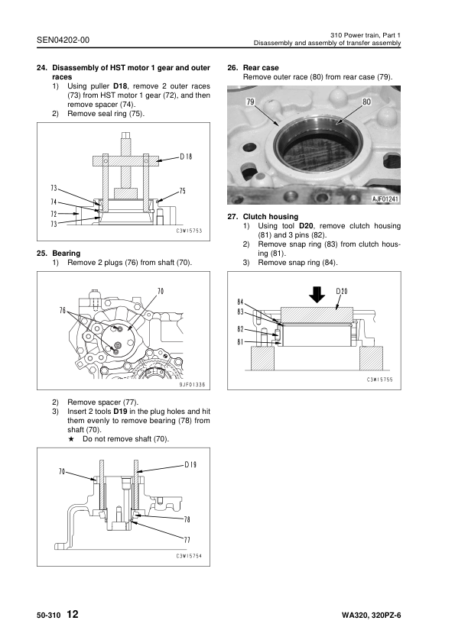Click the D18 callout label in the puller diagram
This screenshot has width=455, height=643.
[186, 157]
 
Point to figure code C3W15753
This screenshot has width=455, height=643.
[188, 230]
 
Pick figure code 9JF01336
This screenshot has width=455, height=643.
[187, 385]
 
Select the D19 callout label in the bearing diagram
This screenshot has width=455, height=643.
[191, 464]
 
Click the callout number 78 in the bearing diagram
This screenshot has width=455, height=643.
[186, 519]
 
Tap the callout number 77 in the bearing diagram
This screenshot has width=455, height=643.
[186, 539]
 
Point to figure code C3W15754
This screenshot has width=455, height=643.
[188, 556]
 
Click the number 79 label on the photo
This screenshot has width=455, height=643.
[250, 102]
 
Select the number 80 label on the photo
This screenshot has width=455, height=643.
[366, 102]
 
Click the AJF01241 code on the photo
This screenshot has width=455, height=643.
[386, 199]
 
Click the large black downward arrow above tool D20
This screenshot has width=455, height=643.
[314, 293]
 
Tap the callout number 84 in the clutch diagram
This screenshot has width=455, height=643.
[242, 301]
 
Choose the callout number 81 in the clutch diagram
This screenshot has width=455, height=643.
[242, 341]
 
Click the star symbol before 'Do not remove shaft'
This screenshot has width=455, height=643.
[70, 439]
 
